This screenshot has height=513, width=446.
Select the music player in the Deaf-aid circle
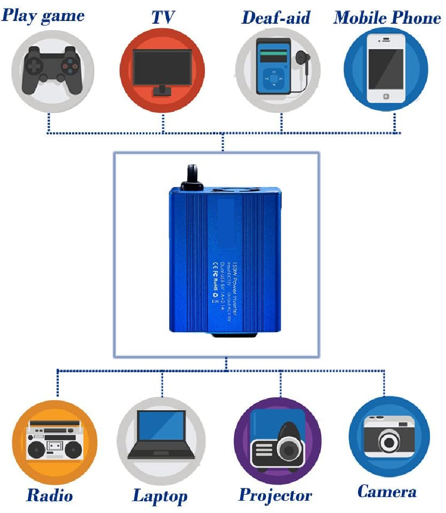pyautogui.click(x=272, y=66)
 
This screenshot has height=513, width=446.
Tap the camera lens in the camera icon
pyautogui.click(x=389, y=440)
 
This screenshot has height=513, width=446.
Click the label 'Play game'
pyautogui.click(x=43, y=16)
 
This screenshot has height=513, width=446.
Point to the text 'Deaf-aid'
pyautogui.click(x=276, y=18)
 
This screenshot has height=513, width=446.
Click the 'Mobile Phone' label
pyautogui.click(x=387, y=18)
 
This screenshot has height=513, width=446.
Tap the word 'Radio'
pyautogui.click(x=50, y=495)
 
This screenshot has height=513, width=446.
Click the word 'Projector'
pyautogui.click(x=276, y=495)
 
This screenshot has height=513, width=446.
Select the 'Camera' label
pyautogui.click(x=387, y=492)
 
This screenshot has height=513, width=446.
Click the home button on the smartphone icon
pyautogui.click(x=386, y=96)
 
